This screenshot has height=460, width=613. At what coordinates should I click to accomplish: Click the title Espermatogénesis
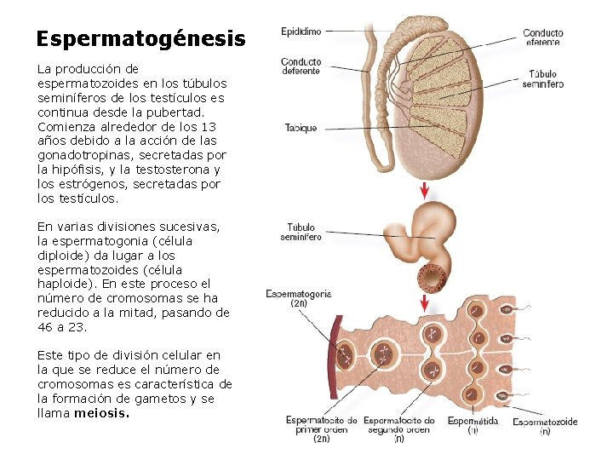pyautogui.click(x=140, y=39)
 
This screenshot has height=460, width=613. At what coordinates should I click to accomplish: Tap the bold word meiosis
pyautogui.click(x=102, y=413)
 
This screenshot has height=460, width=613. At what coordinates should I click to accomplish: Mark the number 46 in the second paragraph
pyautogui.click(x=46, y=326)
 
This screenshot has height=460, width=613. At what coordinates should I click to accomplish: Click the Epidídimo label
pyautogui.click(x=301, y=32)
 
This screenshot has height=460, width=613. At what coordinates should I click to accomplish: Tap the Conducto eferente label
pyautogui.click(x=542, y=37)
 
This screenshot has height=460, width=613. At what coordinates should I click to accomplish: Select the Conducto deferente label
pyautogui.click(x=301, y=66)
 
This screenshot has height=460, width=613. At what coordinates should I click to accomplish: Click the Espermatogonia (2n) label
pyautogui.click(x=299, y=298)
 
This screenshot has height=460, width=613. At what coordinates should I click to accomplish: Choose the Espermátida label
pyautogui.click(x=473, y=421)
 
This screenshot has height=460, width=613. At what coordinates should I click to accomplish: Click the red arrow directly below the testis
pyautogui.click(x=425, y=190)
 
